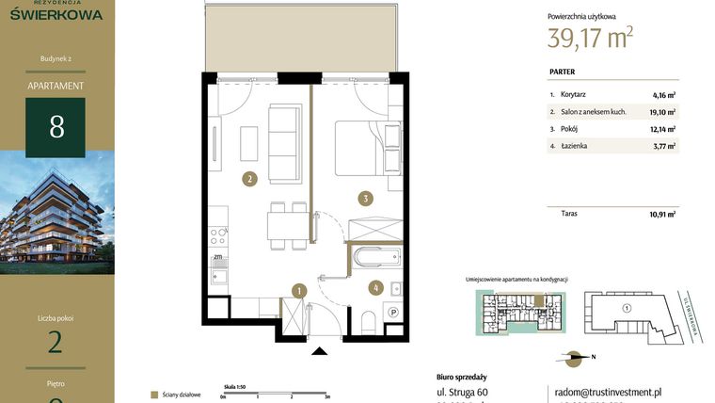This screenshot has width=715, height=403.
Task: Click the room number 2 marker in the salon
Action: click(x=249, y=178)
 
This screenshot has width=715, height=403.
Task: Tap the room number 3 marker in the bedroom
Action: click(x=366, y=198)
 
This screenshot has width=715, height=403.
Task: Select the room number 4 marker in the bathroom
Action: click(x=374, y=288)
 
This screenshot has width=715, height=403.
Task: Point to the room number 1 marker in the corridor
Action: click(x=298, y=291)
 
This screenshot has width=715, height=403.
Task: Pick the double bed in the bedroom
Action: click(x=360, y=148)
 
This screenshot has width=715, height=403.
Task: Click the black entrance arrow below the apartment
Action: click(x=321, y=352)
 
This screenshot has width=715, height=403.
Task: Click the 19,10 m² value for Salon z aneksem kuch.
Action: click(x=664, y=111)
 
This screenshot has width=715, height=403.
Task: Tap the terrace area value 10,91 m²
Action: click(x=664, y=214)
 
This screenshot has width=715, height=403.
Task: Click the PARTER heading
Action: click(x=562, y=72)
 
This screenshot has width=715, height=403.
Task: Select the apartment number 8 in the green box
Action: click(x=56, y=126)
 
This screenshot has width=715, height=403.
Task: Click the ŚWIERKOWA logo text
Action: click(x=56, y=13)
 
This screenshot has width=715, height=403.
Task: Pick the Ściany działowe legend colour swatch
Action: click(x=154, y=395)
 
